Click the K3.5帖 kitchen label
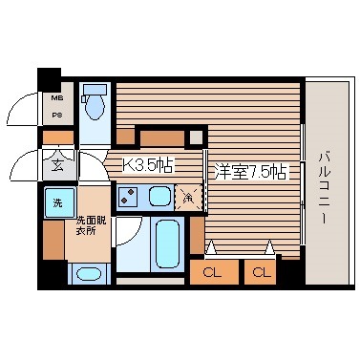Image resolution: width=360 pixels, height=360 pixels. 149,164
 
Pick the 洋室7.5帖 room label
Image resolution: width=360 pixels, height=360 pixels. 247,172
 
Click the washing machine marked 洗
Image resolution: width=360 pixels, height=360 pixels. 55,202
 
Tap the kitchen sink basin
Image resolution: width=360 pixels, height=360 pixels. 159,198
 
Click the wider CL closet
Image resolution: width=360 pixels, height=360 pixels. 213,272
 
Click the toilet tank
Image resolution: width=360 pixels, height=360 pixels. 94,94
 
